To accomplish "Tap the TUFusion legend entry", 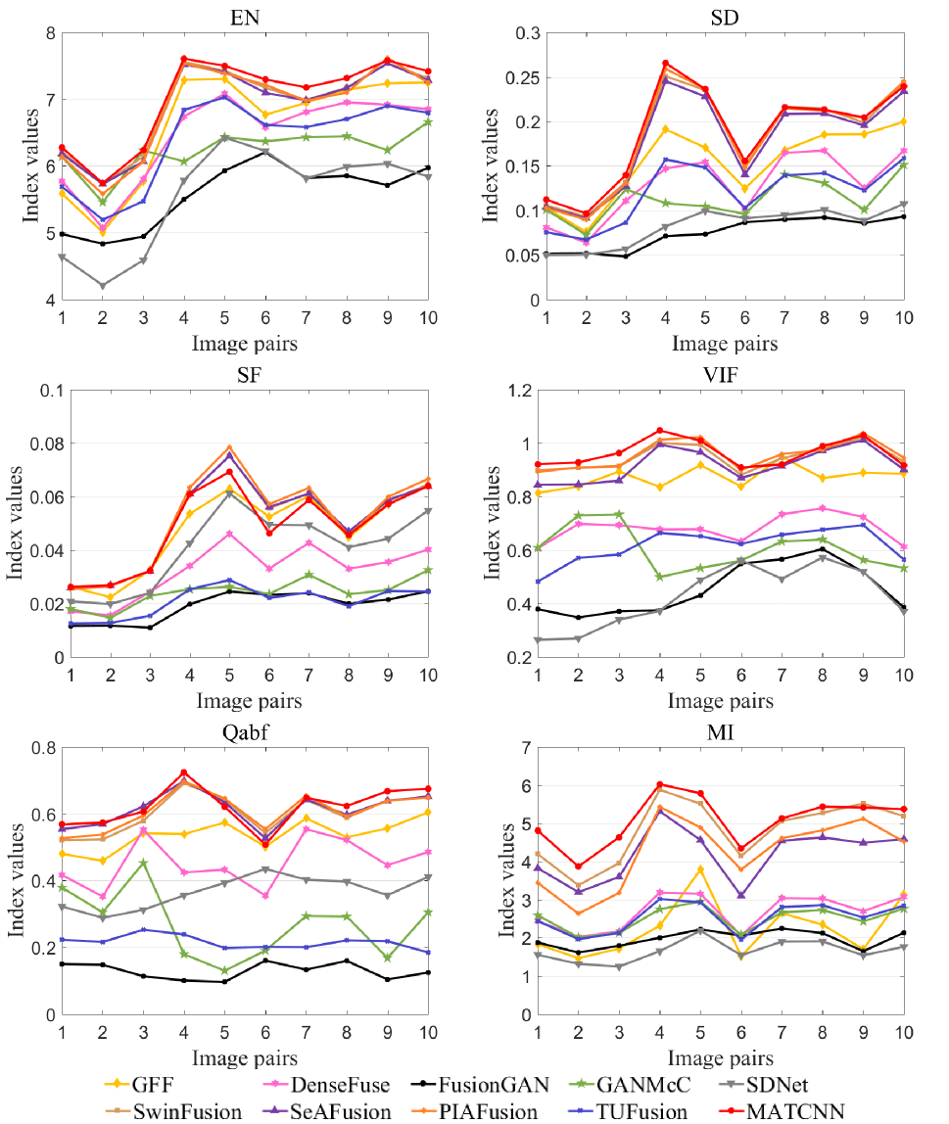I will click(633, 1111).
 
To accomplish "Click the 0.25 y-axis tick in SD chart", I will click(509, 77).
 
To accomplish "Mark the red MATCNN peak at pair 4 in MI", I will click(659, 784).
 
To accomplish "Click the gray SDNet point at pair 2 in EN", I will click(102, 286).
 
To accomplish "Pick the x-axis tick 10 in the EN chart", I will click(427, 318).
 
